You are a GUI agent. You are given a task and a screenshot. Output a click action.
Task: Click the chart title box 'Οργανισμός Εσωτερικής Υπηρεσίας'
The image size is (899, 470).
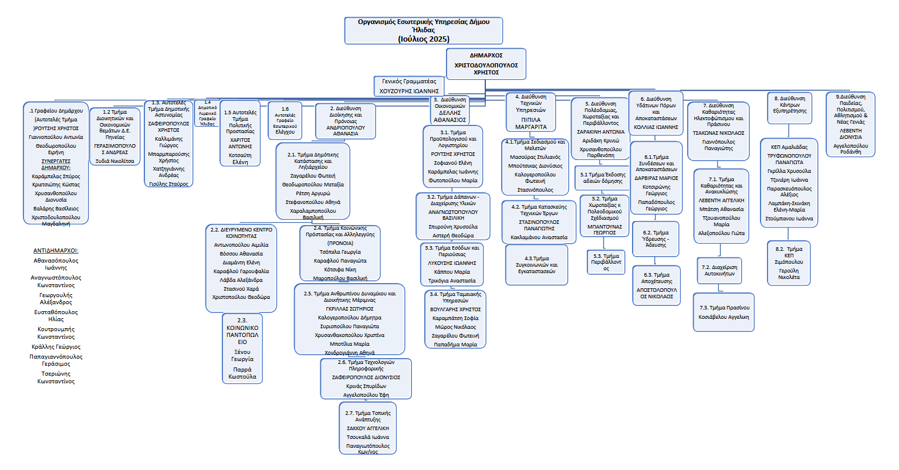point(423,30)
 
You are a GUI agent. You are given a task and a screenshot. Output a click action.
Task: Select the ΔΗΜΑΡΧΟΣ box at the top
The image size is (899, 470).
point(486,63)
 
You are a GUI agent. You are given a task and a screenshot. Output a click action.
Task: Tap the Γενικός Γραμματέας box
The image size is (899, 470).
point(409,86)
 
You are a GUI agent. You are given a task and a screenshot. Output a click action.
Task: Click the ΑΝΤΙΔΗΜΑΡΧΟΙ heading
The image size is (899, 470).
point(56,251)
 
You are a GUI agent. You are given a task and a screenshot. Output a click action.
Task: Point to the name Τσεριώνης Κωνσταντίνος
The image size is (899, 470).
point(56,377)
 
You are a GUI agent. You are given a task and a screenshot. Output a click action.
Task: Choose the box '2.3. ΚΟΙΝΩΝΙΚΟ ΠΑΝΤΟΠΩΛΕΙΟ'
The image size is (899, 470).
point(242,349)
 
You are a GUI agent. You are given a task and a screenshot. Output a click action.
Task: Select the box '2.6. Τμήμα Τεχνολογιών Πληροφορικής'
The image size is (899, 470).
point(366,379)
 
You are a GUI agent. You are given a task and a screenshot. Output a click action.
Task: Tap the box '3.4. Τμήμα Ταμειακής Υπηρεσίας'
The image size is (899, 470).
point(455,319)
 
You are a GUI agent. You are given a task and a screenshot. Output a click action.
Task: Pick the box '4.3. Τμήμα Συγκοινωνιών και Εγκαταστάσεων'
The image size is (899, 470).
point(536,265)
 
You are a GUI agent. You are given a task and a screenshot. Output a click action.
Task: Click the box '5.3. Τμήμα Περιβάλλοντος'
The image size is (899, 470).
point(606,262)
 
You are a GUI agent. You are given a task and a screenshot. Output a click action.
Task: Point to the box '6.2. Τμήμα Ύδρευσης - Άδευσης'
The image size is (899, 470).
point(655,239)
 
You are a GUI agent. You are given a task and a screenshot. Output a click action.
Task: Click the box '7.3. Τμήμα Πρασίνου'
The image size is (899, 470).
point(724,312)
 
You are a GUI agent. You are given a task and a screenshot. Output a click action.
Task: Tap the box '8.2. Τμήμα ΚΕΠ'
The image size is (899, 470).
point(789,263)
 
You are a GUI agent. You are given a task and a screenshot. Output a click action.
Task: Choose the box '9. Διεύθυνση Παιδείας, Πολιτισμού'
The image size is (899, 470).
point(850,124)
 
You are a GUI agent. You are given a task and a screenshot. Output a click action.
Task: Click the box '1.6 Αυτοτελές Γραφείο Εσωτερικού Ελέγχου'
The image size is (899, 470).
point(285,121)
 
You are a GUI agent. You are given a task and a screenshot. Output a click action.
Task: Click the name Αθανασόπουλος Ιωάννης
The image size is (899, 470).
point(56,264)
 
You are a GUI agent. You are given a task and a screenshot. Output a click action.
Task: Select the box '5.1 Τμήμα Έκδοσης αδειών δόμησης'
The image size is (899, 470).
point(603,178)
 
